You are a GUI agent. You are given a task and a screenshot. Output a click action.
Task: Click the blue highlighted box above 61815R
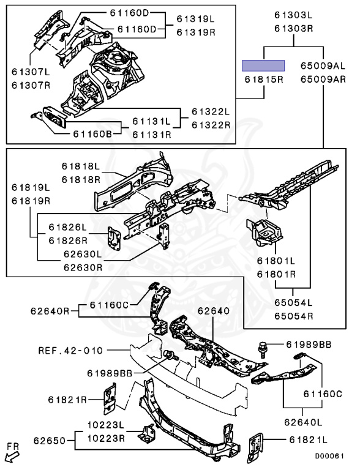(263, 65)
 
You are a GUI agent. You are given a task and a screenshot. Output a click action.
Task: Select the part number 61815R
(264, 80)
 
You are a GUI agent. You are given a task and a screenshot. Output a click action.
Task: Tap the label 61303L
(294, 15)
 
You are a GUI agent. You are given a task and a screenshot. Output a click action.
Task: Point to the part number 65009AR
(323, 80)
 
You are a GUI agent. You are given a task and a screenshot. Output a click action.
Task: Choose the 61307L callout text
(31, 72)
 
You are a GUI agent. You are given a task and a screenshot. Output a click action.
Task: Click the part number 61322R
(211, 125)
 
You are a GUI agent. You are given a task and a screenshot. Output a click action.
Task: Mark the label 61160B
(92, 133)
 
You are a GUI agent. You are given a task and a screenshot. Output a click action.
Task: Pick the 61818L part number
(81, 166)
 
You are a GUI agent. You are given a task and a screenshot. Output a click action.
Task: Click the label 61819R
(31, 201)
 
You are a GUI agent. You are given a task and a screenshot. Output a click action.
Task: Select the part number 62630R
(83, 267)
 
